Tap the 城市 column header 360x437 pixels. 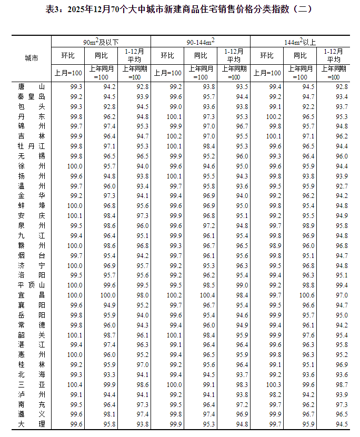(32, 58)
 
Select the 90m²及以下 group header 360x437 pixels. (101, 42)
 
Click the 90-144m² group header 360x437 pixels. (201, 42)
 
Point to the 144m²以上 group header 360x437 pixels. (301, 42)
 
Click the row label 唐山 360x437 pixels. (32, 86)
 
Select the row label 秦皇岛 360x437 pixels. (32, 96)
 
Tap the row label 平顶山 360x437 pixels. (32, 285)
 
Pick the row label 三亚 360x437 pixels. (32, 384)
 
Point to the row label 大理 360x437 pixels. (32, 424)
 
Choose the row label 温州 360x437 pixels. (32, 186)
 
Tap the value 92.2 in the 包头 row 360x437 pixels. (308, 106)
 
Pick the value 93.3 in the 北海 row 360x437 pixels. (109, 374)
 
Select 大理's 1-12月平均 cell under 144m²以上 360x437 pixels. (341, 424)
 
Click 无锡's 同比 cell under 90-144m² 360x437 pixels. (208, 156)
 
